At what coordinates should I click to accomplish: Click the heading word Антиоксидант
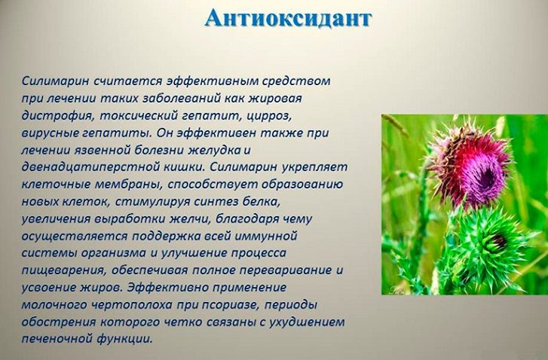(288, 18)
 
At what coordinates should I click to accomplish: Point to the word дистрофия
(58, 115)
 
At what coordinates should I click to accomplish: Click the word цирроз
(269, 115)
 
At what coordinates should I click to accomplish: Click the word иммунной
(265, 236)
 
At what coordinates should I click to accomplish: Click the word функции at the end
(125, 339)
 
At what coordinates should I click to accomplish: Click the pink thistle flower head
(470, 164)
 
